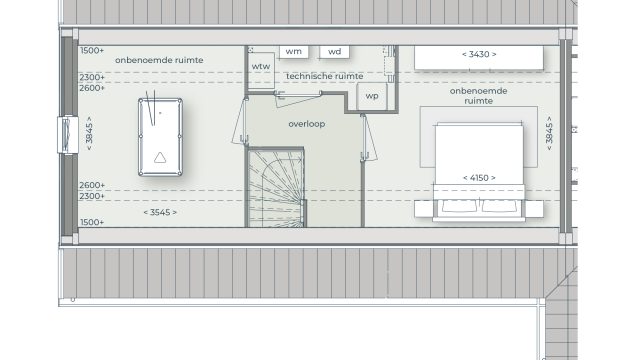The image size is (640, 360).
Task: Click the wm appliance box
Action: [294, 52]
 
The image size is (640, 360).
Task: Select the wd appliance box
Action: [334, 52]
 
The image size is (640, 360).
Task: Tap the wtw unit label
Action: [261, 67]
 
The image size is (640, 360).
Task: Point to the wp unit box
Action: [372, 96]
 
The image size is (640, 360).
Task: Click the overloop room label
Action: [307, 124]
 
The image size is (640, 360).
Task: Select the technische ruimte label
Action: [324, 76]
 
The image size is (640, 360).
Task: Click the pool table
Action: [160, 137]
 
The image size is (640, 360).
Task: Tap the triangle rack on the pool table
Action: [160, 158]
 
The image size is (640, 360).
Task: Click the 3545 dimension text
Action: [160, 212]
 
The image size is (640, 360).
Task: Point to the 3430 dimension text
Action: [479, 54]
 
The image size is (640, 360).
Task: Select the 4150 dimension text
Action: [479, 178]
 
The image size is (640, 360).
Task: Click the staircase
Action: [276, 188]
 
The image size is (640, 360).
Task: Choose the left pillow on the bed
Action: [459, 206]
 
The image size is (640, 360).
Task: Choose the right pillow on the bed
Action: [499, 206]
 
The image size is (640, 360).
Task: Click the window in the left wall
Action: [68, 135]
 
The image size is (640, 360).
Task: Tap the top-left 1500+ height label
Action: [92, 51]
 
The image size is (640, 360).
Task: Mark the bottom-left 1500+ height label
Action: [92, 222]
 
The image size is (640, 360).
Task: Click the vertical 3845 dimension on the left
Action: [89, 133]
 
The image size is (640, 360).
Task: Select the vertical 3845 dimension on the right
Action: [549, 133]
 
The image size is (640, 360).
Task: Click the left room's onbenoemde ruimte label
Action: [159, 60]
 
